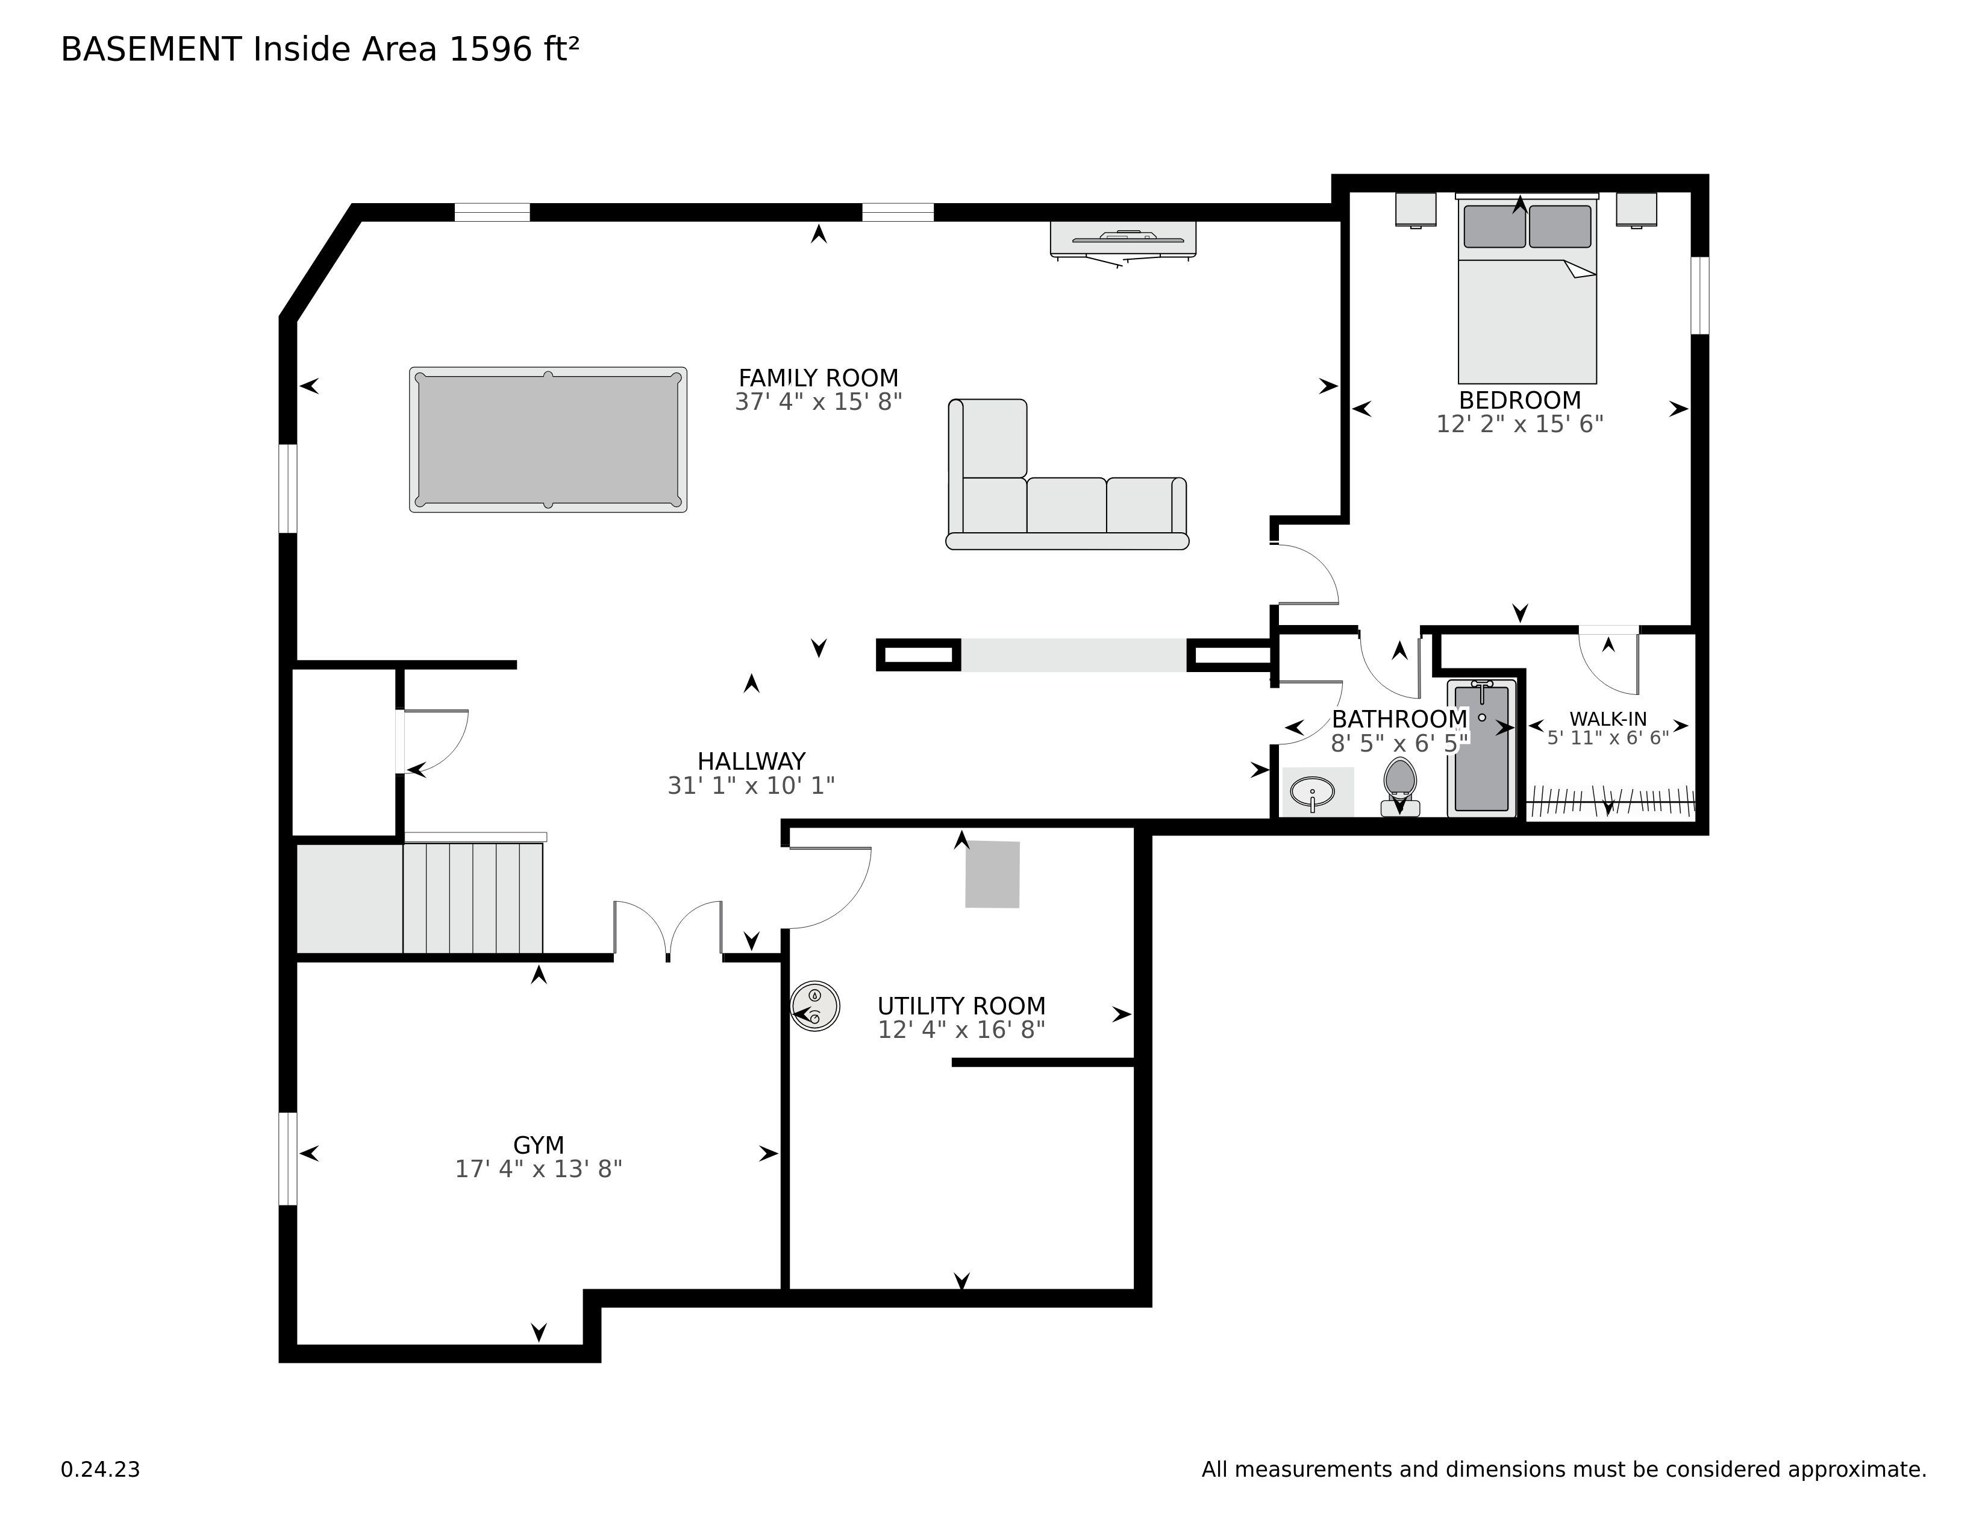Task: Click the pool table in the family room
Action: point(548,440)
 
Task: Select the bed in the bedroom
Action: point(1527,289)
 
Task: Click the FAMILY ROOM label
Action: point(818,378)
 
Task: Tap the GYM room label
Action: point(539,1145)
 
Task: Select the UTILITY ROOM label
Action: point(961,1006)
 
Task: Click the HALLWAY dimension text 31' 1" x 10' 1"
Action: point(751,785)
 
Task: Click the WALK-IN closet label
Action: point(1607,718)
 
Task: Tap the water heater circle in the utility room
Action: point(814,1006)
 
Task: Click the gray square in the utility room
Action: point(992,874)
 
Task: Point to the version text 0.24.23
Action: point(100,1469)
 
